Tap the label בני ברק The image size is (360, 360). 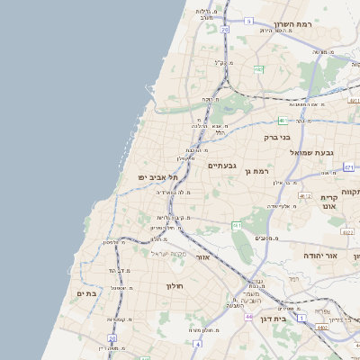pos(277,138)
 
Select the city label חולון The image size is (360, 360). pos(174,286)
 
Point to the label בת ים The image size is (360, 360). pos(86,293)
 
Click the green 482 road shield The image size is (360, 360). pos(258,69)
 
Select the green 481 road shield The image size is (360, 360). pos(282,120)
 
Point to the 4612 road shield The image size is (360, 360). pos(304,195)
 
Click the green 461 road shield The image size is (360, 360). pos(237,225)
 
